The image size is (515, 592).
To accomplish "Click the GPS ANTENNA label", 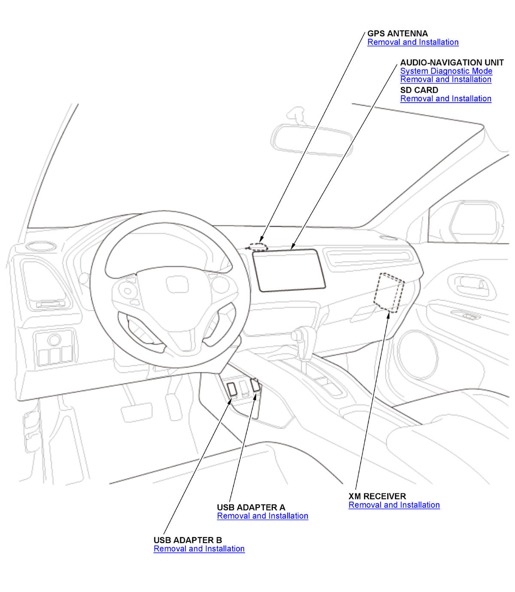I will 397,33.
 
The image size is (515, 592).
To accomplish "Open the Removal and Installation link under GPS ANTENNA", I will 413,42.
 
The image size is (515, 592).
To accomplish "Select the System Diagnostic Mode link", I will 446,71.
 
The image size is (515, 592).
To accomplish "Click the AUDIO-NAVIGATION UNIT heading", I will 451,63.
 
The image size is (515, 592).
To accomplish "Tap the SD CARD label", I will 419,90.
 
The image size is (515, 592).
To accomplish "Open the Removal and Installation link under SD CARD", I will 445,99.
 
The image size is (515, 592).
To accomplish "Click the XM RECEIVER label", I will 377,496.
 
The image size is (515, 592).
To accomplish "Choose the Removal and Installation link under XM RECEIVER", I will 394,505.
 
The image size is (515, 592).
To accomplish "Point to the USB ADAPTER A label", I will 251,507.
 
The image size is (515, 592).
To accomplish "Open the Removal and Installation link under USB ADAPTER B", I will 199,549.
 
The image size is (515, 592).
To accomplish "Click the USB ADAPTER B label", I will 188,540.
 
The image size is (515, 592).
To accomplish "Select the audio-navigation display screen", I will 288,270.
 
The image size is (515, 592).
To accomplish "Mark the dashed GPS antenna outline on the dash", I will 258,246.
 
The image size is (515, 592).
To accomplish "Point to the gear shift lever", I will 303,339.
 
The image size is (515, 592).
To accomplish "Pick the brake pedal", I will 136,412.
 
